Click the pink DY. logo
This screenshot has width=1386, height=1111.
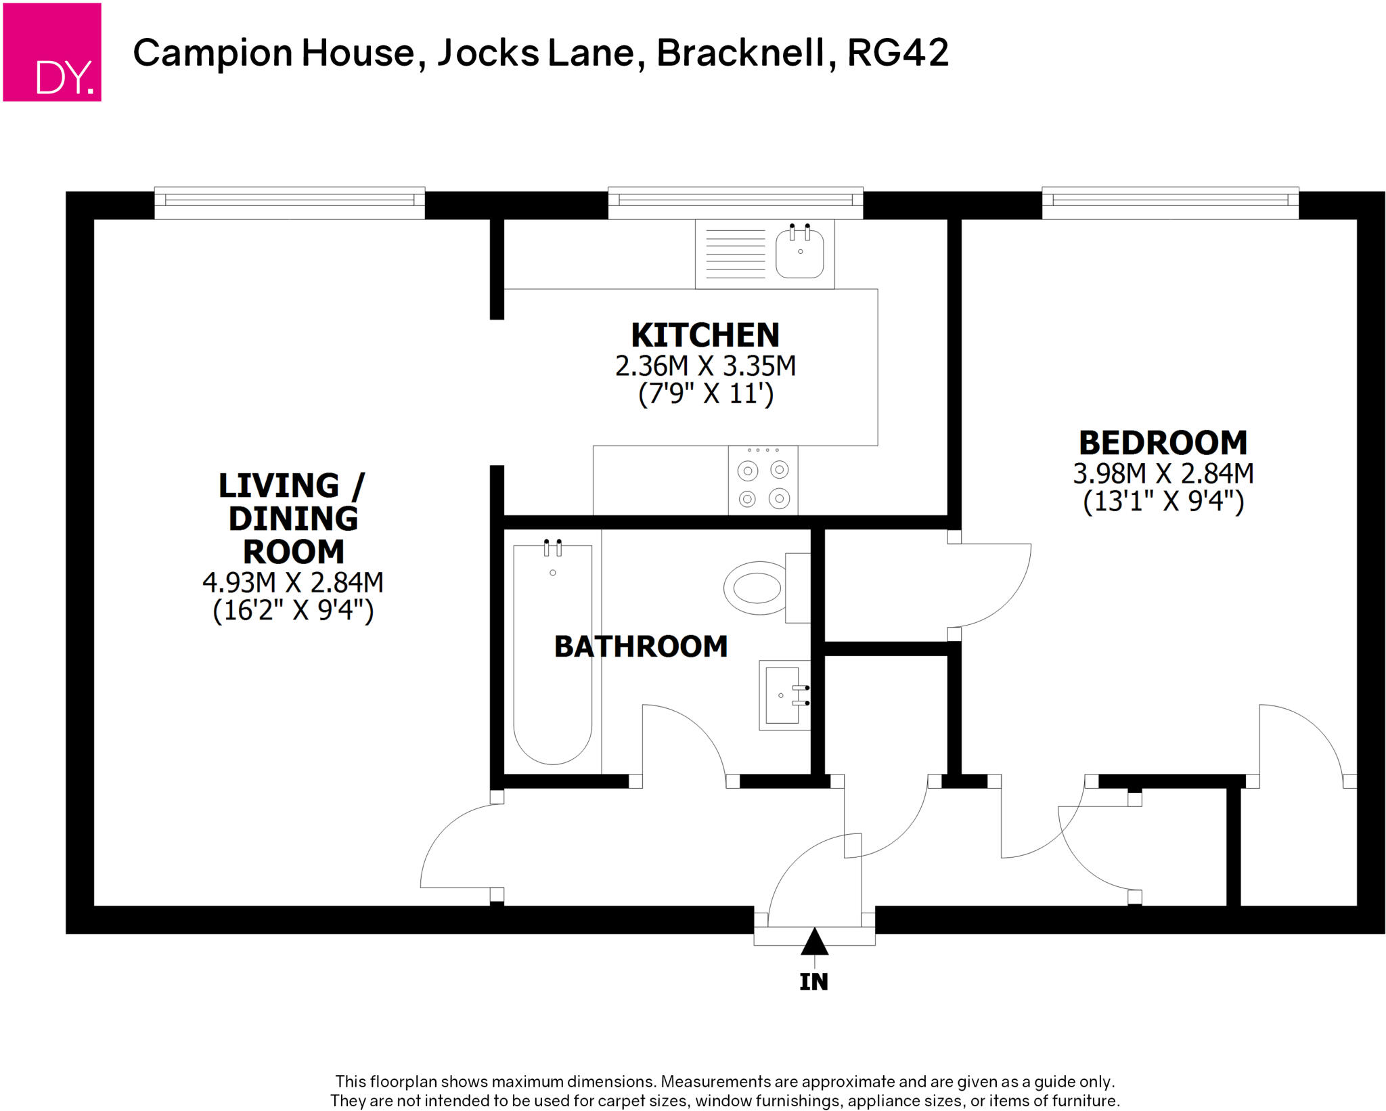pos(52,52)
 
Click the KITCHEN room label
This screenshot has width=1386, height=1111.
pos(705,335)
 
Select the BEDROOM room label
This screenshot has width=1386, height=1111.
pos(1163,443)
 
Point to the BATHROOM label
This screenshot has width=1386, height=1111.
pos(640,647)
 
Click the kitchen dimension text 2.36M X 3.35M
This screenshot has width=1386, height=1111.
pos(705,366)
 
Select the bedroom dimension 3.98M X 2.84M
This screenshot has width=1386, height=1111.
pos(1163,474)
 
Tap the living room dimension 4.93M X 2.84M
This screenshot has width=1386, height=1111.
pos(293,582)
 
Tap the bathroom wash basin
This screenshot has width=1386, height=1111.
pos(784,695)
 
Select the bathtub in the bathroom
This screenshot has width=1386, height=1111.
pos(552,653)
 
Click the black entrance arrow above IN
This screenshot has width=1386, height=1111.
pos(814,942)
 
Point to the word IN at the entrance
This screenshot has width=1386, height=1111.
pos(813,982)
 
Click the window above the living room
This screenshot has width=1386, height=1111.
pos(290,202)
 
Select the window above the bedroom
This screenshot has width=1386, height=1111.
pos(1169,202)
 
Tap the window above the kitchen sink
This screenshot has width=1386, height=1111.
pos(735,202)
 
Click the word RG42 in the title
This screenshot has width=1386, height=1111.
pos(897,53)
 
